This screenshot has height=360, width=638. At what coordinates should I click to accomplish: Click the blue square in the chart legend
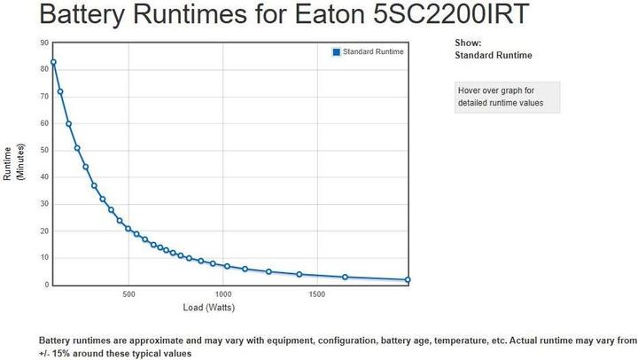pos(337,52)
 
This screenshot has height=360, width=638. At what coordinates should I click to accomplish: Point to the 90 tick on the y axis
pos(44,43)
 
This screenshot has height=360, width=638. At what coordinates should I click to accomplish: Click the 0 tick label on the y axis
pos(46,285)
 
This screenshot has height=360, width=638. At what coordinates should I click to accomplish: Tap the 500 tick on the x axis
pos(128,294)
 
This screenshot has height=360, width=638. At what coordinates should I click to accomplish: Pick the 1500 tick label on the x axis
pos(316,294)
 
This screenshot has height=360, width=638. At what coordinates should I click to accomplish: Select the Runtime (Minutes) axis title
pos(14,163)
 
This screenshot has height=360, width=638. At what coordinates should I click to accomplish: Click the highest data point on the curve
pos(53,62)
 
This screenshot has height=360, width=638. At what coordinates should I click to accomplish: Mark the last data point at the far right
pos(408,280)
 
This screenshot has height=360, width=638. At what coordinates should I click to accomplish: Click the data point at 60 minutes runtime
pos(68,124)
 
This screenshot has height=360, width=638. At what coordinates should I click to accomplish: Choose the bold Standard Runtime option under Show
pos(493,55)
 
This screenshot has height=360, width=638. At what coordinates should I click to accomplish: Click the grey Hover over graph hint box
pos(506,97)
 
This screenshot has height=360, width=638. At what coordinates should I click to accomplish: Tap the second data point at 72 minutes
pos(60,91)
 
